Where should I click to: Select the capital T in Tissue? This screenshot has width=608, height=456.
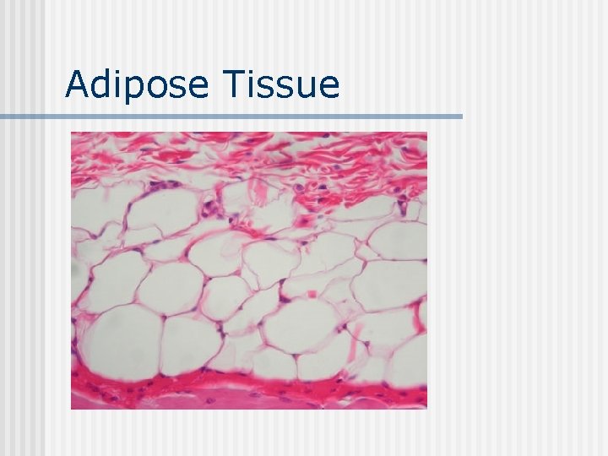232,84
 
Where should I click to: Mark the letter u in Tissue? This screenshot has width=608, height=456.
305,87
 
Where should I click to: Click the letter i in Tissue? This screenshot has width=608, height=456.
249,84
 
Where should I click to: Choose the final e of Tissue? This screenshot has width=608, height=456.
328,87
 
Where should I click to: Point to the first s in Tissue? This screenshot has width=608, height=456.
264,87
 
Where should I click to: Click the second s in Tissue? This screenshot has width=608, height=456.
284,87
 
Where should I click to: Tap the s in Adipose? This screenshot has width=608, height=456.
179,87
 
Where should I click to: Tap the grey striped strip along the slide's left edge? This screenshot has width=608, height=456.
22,253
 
